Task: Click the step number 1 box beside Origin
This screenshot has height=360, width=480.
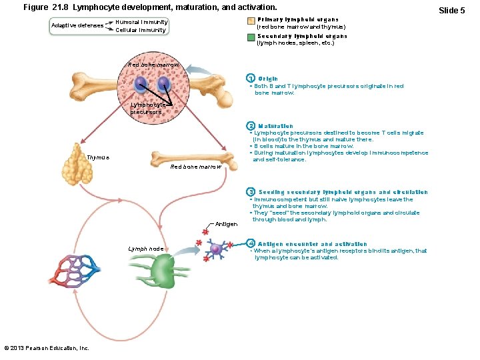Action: tap(251, 79)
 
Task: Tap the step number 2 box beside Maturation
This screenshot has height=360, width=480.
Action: tap(251, 126)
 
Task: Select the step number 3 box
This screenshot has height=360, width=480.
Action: tap(251, 192)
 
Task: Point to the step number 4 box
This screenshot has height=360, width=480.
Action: tap(251, 243)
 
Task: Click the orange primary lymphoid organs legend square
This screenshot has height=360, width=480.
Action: tap(249, 21)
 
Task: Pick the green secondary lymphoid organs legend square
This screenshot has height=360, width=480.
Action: tap(249, 37)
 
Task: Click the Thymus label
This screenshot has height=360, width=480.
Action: tap(98, 158)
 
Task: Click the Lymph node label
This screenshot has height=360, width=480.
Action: tap(146, 249)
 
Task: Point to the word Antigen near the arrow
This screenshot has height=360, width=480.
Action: tap(226, 224)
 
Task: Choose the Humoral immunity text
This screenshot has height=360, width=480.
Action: tap(141, 21)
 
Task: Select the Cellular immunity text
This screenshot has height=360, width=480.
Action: tap(141, 30)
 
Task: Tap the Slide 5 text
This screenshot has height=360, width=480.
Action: tap(451, 10)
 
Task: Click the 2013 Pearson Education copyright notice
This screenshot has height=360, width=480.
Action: tap(47, 348)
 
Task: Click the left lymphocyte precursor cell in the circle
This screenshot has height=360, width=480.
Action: tap(141, 85)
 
